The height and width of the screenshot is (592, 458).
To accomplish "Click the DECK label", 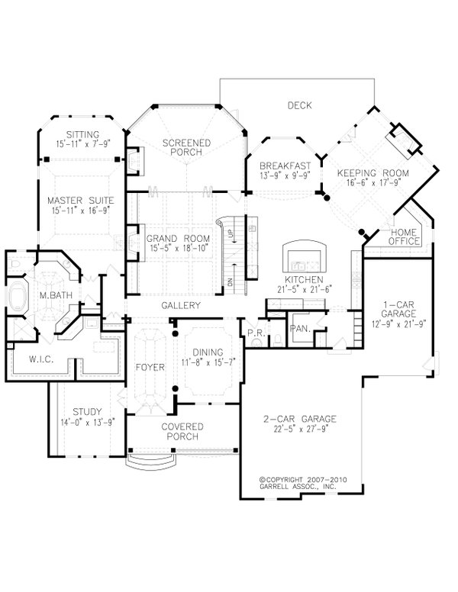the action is tap(300, 105).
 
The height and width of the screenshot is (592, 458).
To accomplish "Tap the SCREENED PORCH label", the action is tap(186, 147).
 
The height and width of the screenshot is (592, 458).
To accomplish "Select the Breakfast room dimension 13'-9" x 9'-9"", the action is tap(285, 175).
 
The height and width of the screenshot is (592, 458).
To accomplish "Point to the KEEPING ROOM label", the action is tap(373, 173).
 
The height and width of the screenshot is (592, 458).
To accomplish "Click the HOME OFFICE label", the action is tap(404, 236).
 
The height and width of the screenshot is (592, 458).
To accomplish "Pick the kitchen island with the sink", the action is tap(305, 257).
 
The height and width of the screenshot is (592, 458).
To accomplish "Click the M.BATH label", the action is tap(56, 295).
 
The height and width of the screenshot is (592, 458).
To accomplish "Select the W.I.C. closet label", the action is tap(41, 359).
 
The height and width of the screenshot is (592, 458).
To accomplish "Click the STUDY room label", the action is tap(87, 411).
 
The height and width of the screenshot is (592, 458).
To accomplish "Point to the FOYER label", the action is tap(150, 367).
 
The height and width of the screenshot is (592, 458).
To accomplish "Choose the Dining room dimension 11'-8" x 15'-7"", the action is tap(208, 362).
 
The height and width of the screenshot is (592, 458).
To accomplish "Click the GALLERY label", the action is tap(181, 305).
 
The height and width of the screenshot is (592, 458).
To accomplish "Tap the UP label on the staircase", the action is tap(230, 233).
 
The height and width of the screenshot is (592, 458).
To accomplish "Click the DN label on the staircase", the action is tap(230, 282).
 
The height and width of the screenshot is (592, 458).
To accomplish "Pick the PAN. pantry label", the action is tap(300, 329).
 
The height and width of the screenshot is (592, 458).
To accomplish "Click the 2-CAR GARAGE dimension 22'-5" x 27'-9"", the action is tap(300, 430).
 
